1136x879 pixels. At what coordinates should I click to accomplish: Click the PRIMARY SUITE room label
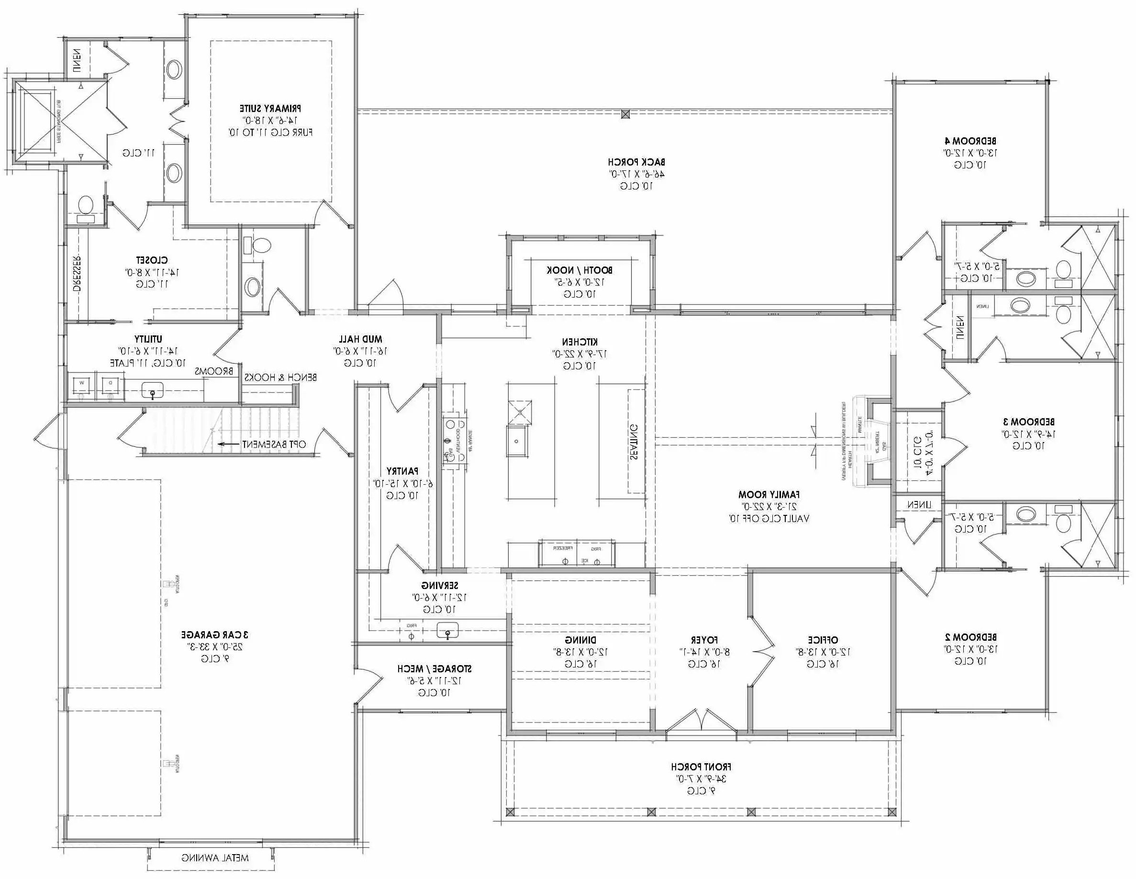tap(270, 109)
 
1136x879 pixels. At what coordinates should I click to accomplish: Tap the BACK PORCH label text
tap(636, 162)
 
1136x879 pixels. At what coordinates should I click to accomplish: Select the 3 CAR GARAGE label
tap(215, 634)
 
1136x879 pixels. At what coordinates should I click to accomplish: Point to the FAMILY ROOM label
tap(769, 495)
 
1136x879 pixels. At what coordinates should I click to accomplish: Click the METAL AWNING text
tap(215, 857)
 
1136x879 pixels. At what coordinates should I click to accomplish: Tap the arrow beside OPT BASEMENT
tap(228, 444)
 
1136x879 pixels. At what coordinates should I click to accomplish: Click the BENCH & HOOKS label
tap(280, 377)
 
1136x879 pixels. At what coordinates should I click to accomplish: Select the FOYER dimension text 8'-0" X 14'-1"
tap(704, 652)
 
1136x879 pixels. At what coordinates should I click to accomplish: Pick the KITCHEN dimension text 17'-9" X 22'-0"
tap(579, 354)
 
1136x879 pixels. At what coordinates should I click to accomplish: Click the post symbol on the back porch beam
tap(626, 114)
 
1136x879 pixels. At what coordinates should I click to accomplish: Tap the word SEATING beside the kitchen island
tap(634, 442)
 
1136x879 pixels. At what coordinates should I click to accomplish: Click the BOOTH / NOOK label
tap(579, 270)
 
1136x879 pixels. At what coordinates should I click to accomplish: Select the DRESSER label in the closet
tap(77, 273)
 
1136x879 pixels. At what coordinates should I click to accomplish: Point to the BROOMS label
tap(214, 371)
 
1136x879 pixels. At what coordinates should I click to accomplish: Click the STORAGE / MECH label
tap(434, 668)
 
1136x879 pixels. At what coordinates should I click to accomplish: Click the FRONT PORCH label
tap(701, 767)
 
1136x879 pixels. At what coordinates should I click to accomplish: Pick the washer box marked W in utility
tap(82, 384)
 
